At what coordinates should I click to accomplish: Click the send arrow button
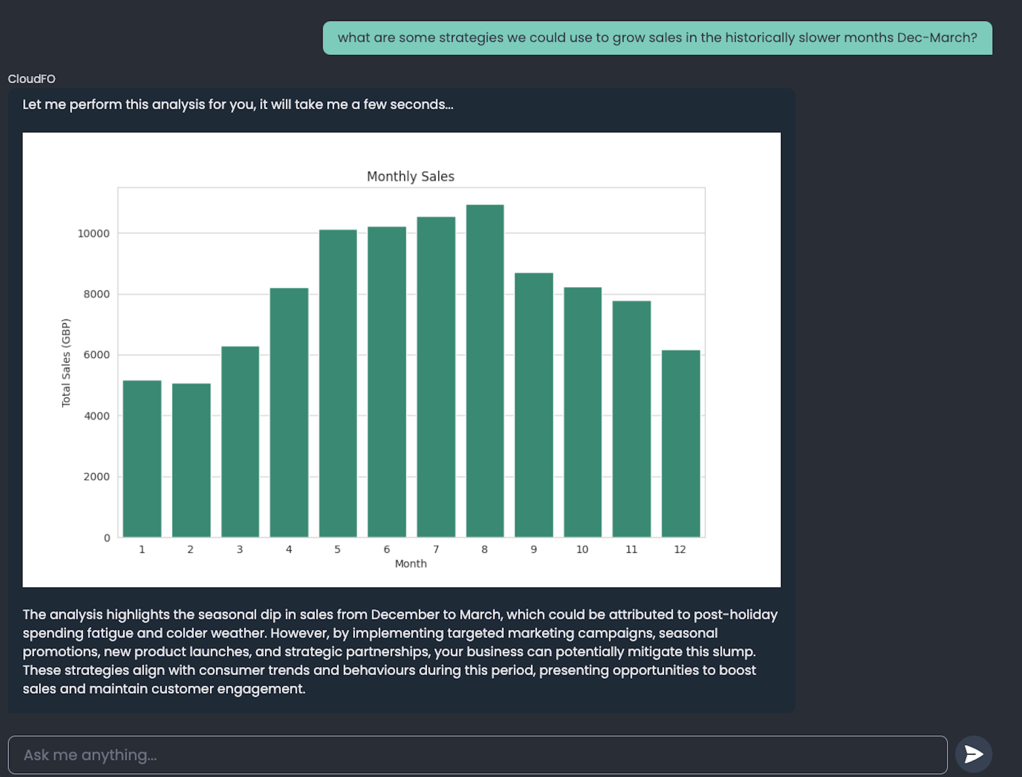(x=973, y=754)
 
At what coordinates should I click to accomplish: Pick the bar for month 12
(x=680, y=443)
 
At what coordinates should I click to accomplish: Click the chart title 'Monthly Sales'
(x=410, y=177)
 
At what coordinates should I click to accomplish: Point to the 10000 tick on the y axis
(x=93, y=234)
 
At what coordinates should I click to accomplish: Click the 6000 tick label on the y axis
(x=96, y=355)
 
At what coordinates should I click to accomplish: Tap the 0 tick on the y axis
(x=107, y=538)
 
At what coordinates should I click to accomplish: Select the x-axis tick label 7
(x=436, y=549)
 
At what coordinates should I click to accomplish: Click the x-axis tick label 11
(x=631, y=549)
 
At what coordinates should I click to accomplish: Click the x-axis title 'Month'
(x=410, y=564)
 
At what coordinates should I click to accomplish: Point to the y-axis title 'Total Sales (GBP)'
(x=66, y=363)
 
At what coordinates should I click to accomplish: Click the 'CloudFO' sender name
(x=32, y=79)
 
